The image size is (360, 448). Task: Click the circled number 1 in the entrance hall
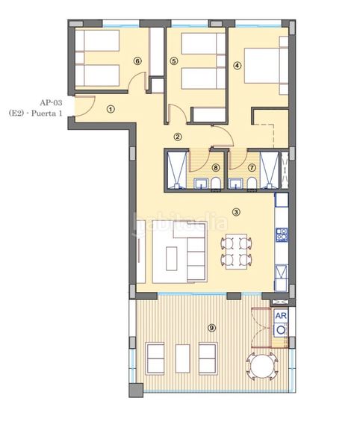(111, 108)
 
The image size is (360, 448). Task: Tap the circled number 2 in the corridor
(178, 137)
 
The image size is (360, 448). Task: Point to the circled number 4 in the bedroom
(238, 65)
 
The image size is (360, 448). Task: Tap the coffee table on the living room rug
(172, 258)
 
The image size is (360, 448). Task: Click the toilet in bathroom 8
(216, 183)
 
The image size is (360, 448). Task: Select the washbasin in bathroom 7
(236, 183)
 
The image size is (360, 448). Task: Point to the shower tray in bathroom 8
(176, 169)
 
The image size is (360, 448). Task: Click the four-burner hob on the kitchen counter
(282, 235)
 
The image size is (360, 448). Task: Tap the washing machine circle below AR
(281, 329)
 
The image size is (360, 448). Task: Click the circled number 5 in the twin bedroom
(173, 61)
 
